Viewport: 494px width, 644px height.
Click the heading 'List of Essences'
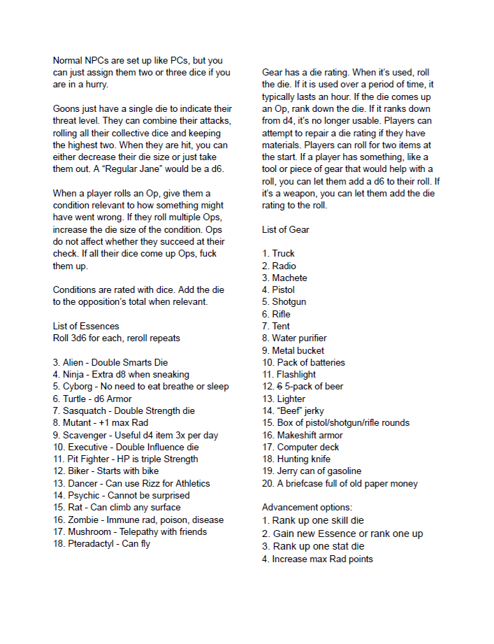click(x=86, y=326)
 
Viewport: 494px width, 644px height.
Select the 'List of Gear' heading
click(x=285, y=229)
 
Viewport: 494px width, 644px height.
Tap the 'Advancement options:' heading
click(x=307, y=507)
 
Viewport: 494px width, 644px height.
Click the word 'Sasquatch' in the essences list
click(x=87, y=410)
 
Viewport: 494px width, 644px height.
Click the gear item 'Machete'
click(x=289, y=278)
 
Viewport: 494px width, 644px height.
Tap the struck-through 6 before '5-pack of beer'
click(x=279, y=386)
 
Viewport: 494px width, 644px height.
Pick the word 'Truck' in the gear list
click(x=284, y=253)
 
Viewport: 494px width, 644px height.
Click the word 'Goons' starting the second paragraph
click(x=66, y=109)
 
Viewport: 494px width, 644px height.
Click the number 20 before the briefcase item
click(x=268, y=483)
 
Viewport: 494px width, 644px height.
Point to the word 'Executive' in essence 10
click(x=90, y=447)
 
